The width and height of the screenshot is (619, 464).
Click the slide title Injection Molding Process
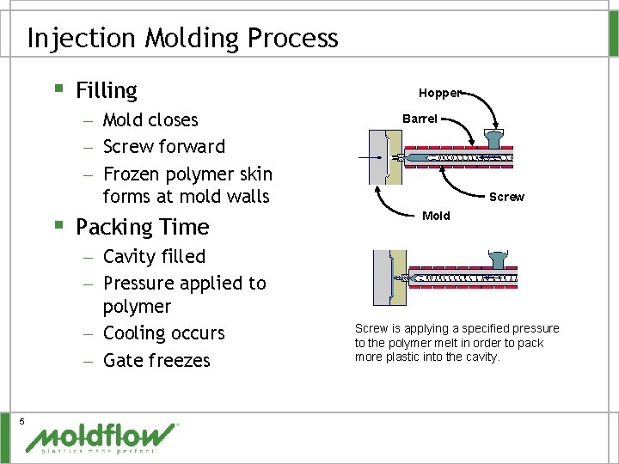[182, 38]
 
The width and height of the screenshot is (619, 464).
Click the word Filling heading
[107, 90]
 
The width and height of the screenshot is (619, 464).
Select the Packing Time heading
[143, 227]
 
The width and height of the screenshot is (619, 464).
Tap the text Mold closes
[150, 119]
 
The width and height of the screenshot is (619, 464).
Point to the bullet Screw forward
[163, 146]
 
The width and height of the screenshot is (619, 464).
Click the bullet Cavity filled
[154, 256]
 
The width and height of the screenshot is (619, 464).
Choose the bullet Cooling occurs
[163, 333]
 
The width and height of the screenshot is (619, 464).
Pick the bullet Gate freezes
[156, 360]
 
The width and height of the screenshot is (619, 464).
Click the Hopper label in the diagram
[439, 92]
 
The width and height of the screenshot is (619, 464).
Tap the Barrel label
[420, 119]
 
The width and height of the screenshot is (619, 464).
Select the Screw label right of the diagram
[506, 197]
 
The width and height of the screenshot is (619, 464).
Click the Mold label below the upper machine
[436, 216]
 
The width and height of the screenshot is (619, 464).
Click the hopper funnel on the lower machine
[497, 259]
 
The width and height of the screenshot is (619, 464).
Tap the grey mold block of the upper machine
[377, 157]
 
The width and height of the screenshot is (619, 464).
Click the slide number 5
[21, 419]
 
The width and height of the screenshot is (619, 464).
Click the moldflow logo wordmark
[101, 437]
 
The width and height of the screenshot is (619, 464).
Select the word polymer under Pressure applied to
[137, 307]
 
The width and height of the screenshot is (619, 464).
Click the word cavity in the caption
[481, 357]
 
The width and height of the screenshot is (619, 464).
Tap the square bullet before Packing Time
[58, 225]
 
